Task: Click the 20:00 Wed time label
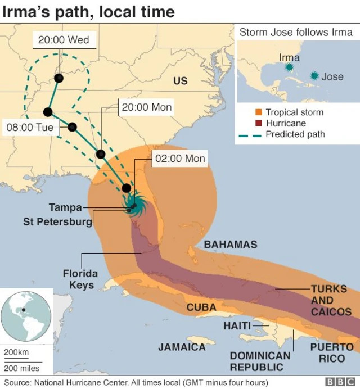[63, 39]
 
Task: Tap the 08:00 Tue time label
[30, 128]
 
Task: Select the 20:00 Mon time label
[147, 107]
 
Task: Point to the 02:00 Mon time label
[180, 159]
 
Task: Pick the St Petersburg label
[57, 221]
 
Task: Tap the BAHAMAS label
[231, 245]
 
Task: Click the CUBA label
[201, 307]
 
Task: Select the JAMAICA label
[182, 347]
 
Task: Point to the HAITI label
[237, 326]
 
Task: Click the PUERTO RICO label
[332, 353]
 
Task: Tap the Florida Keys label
[80, 279]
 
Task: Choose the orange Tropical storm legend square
[259, 112]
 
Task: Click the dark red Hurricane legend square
[259, 123]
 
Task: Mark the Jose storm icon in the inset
[314, 75]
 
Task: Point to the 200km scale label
[16, 352]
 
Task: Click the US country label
[180, 81]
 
